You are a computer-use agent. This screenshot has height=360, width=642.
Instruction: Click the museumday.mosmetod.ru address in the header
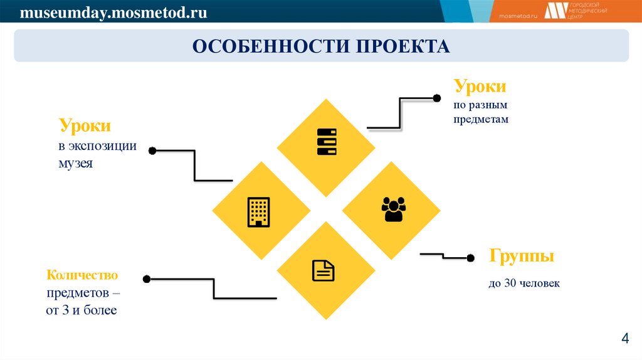tap(113, 12)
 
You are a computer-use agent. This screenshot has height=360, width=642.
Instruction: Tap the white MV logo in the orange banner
tap(555, 11)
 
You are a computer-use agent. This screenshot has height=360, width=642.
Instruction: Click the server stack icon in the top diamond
tap(327, 142)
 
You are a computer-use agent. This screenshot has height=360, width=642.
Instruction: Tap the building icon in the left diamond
tap(259, 212)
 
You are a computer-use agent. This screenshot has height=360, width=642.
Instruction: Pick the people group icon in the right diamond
tap(394, 209)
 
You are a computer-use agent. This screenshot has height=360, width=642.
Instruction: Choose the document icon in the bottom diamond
tap(324, 270)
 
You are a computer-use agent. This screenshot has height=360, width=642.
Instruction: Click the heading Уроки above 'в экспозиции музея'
tap(85, 125)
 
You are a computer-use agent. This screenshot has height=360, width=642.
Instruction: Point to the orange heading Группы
tap(522, 257)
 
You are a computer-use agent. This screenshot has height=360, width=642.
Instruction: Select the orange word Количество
tap(82, 275)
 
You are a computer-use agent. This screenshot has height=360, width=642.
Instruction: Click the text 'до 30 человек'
tap(524, 284)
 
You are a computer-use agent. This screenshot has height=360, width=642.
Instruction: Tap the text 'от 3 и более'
tap(82, 310)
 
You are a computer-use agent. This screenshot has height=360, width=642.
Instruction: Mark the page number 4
tap(624, 339)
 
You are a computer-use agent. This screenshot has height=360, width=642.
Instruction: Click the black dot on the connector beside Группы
tap(471, 257)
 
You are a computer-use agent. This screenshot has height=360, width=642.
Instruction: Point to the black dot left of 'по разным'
tap(437, 98)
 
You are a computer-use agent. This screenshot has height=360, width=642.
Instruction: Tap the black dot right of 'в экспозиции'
tap(152, 151)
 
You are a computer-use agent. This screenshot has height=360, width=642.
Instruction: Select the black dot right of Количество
tap(146, 278)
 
